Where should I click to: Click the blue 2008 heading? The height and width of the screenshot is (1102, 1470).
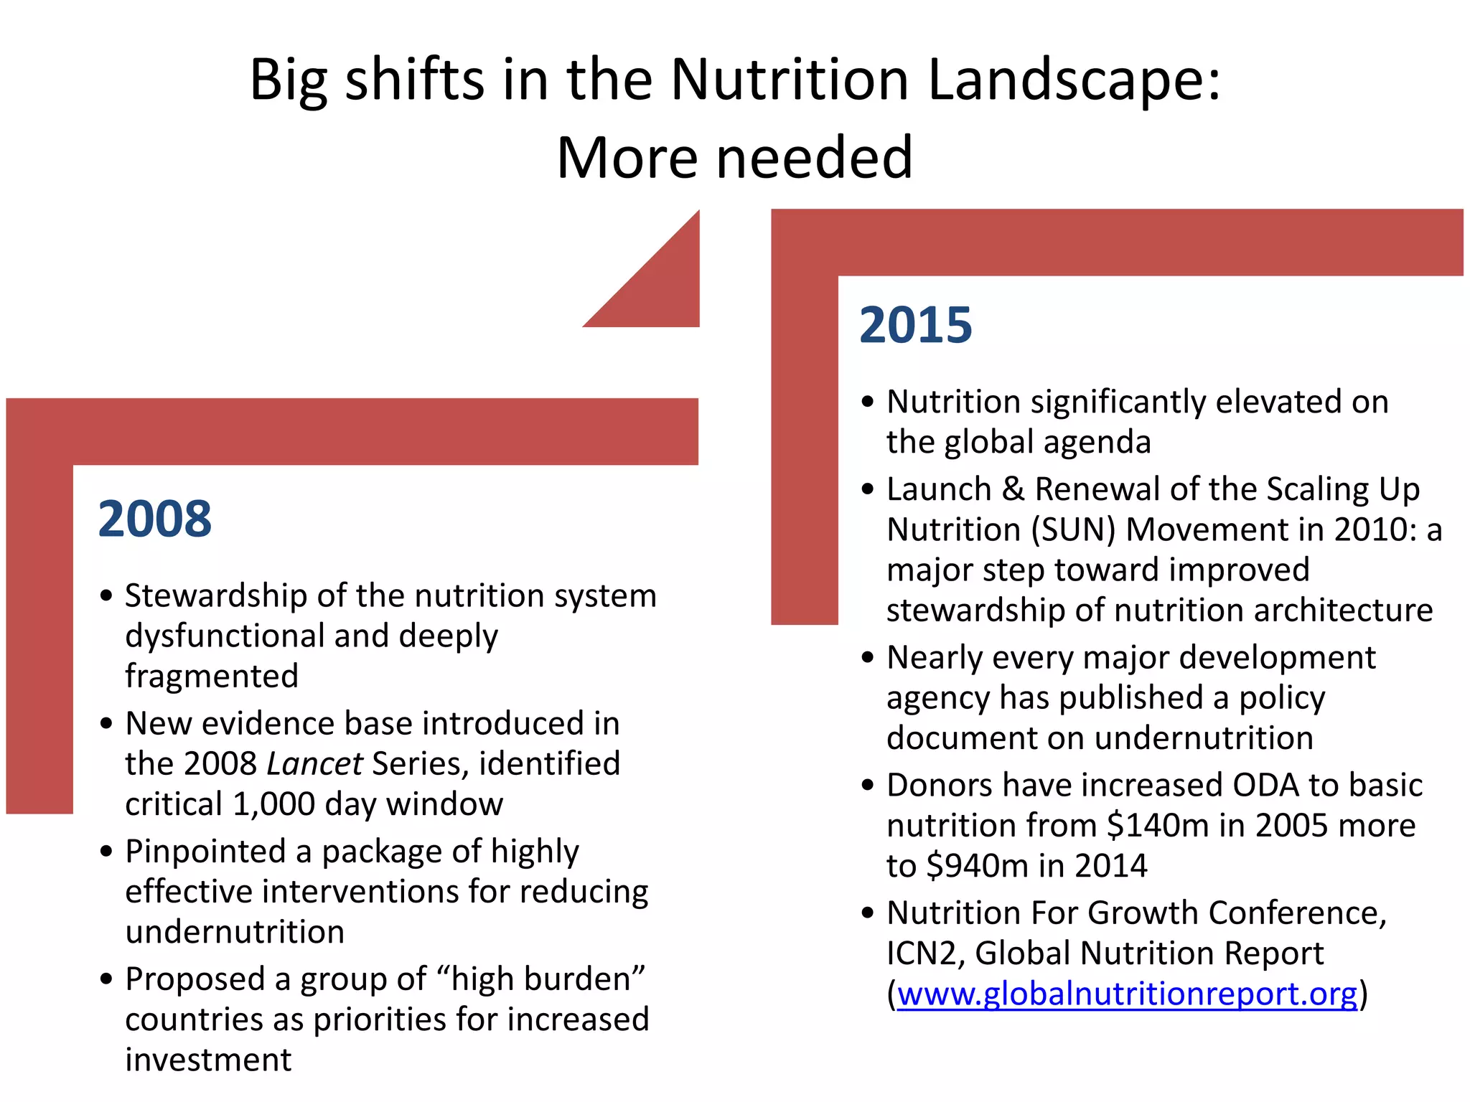(x=155, y=519)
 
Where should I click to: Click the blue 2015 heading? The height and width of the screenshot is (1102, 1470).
(x=916, y=325)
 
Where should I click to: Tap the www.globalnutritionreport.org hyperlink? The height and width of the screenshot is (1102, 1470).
(x=1127, y=994)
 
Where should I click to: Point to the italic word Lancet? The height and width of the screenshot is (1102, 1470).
(x=314, y=763)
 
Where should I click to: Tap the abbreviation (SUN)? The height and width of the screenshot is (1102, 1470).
(x=1074, y=529)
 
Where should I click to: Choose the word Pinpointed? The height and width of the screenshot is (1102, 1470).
(x=205, y=851)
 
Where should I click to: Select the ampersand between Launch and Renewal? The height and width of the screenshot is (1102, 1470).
(x=1013, y=489)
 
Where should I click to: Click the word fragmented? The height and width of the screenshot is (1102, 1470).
(x=212, y=676)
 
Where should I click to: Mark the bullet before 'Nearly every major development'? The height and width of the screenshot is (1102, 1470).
(x=868, y=657)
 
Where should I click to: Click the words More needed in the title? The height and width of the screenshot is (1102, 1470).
(x=734, y=158)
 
